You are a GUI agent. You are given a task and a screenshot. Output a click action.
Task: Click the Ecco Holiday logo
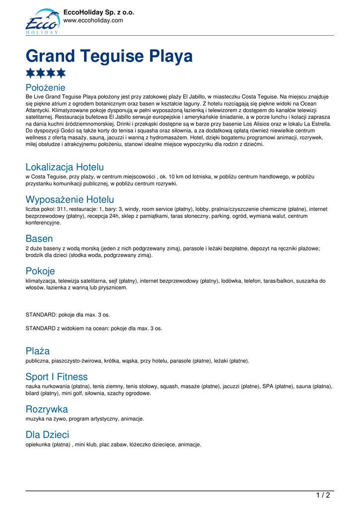(x=42, y=21)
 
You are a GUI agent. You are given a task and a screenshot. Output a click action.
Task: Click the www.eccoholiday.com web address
(x=93, y=20)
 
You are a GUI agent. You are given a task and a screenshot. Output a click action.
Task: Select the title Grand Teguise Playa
(x=109, y=56)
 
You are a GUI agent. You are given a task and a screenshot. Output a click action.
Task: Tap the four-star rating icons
(x=46, y=73)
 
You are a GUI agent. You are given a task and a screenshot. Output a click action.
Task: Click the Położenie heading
(x=45, y=88)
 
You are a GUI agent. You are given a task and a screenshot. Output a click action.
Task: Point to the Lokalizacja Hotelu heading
(x=65, y=167)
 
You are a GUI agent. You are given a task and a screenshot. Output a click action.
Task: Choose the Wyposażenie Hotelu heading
(x=70, y=199)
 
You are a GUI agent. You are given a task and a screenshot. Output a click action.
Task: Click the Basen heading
(x=39, y=239)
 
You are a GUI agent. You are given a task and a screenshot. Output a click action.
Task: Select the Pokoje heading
(x=40, y=271)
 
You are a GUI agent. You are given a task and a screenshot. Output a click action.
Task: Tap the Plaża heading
(x=38, y=351)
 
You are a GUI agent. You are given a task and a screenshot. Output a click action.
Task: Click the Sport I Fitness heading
(x=57, y=377)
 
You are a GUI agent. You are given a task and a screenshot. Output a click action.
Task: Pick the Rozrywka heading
(x=47, y=409)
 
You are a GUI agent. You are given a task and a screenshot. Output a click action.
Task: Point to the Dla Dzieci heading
(x=47, y=435)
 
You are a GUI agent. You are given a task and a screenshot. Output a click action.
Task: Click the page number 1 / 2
(x=323, y=495)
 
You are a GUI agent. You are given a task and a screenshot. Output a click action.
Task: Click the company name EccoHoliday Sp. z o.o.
(x=99, y=12)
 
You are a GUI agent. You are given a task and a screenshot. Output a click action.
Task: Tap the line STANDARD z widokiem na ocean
(x=93, y=328)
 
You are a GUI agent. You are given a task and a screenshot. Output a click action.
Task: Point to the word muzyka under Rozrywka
(x=35, y=419)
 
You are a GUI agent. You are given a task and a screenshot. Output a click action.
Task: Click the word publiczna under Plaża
(x=38, y=361)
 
